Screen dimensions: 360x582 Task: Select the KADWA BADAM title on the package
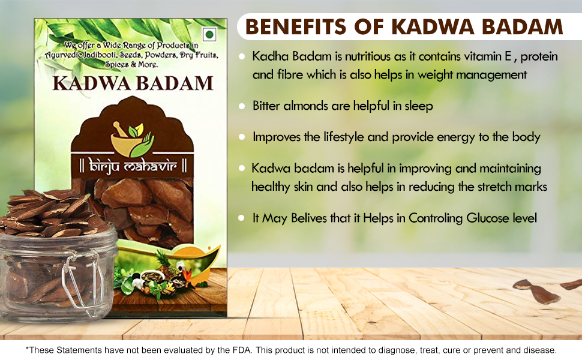coord(133,82)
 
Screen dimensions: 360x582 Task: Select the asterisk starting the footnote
coord(27,349)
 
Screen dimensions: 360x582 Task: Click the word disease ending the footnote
coord(539,350)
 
